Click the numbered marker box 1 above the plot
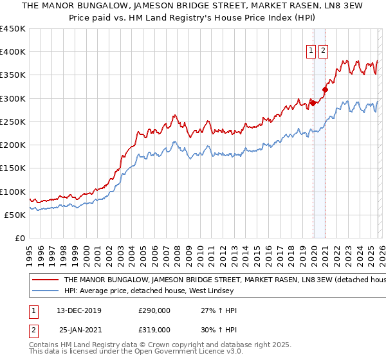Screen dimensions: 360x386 (311, 52)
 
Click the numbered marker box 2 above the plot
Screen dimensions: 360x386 (323, 52)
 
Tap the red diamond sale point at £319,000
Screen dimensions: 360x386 (326, 90)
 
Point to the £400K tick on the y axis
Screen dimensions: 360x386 (13, 52)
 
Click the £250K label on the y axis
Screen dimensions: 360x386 (13, 122)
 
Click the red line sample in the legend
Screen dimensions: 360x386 (45, 280)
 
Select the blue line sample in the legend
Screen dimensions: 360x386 (45, 292)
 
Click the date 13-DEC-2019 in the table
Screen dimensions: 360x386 (78, 310)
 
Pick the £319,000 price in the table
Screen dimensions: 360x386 (154, 330)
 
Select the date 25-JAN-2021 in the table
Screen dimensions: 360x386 (78, 330)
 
